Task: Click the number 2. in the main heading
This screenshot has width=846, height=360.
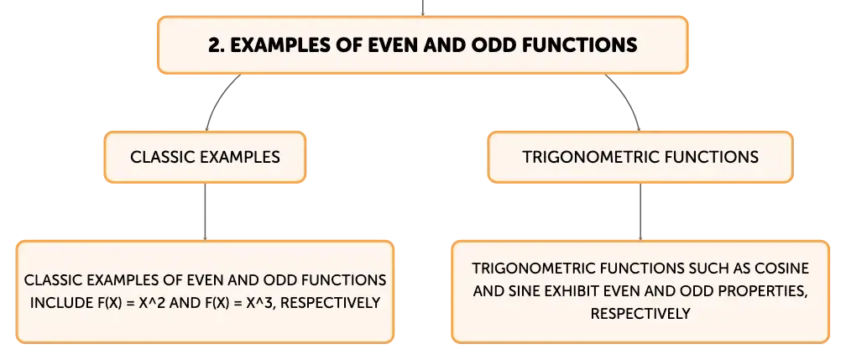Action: click(217, 44)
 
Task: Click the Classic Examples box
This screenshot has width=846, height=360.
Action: click(205, 157)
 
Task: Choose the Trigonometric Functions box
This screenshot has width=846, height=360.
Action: click(640, 157)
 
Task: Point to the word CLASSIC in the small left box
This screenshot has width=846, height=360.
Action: click(163, 157)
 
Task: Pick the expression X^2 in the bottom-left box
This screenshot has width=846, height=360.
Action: click(174, 302)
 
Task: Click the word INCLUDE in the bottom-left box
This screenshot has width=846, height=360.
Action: click(56, 302)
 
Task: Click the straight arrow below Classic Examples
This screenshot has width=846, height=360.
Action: click(205, 211)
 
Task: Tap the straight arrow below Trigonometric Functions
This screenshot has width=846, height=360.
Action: click(640, 211)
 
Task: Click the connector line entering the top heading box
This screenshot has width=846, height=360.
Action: click(422, 8)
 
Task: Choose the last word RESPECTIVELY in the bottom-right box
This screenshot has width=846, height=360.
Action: click(640, 314)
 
